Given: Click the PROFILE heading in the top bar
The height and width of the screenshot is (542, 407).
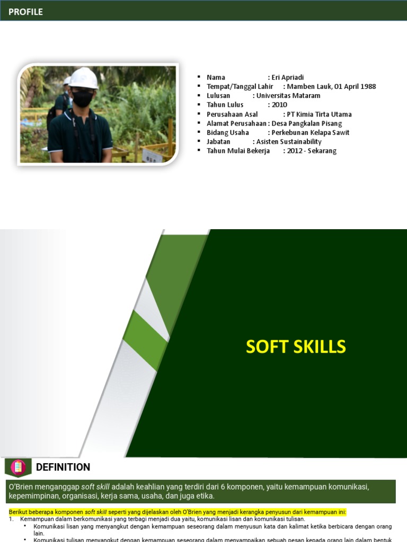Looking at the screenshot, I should click(x=25, y=12).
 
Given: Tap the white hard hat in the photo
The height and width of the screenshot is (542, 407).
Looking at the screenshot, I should click(x=84, y=78).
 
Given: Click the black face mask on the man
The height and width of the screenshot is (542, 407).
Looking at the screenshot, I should click(x=82, y=98).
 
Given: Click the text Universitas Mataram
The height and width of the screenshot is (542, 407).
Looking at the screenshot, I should click(x=288, y=96).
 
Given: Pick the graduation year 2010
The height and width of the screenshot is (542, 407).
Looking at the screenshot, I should click(x=279, y=105).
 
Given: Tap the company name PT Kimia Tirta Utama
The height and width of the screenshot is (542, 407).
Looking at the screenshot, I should click(x=319, y=114).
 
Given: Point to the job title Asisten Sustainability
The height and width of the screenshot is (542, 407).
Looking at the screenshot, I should click(x=288, y=142).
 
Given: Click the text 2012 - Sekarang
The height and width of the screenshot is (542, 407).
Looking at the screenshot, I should click(x=312, y=151).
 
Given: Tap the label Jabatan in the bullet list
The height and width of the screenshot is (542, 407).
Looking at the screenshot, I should click(x=218, y=142).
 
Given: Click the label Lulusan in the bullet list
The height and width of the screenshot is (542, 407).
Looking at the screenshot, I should click(x=218, y=96).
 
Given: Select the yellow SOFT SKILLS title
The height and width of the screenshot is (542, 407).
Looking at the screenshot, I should click(x=296, y=347).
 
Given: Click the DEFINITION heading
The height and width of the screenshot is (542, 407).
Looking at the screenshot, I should click(x=63, y=467).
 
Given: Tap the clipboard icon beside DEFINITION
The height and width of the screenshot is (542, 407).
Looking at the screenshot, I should click(x=18, y=467).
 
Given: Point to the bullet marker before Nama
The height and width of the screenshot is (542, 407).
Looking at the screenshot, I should click(x=199, y=77).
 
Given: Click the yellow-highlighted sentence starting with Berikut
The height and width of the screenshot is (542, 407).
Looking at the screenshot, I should click(x=177, y=512).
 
